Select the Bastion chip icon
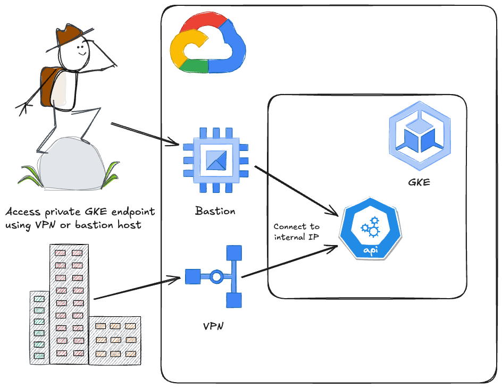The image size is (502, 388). pyautogui.click(x=215, y=159)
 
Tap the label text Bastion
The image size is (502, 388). pyautogui.click(x=215, y=211)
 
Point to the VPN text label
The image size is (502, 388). pyautogui.click(x=213, y=326)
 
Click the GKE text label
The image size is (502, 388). pyautogui.click(x=419, y=182)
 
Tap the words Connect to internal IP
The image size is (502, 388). pyautogui.click(x=296, y=232)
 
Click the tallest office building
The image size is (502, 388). pyautogui.click(x=69, y=303)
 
